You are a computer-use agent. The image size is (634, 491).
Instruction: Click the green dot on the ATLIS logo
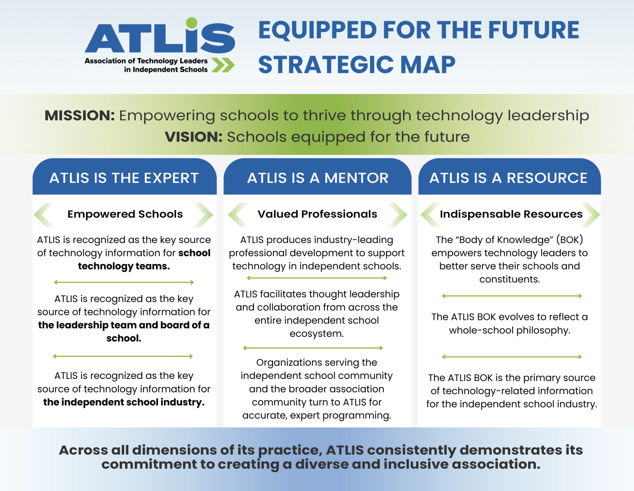(191, 23)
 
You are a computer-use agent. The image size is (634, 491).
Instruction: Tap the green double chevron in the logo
(223, 65)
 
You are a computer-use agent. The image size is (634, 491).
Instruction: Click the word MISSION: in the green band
(80, 115)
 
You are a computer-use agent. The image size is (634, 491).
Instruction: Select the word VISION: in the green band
(194, 137)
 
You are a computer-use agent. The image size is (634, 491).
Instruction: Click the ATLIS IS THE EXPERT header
(124, 178)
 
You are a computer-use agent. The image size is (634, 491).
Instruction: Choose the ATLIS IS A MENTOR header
(318, 178)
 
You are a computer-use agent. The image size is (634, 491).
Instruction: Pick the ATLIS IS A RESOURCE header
(508, 178)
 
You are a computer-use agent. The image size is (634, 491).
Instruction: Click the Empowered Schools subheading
(125, 214)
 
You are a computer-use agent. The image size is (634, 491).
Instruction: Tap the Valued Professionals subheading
(318, 214)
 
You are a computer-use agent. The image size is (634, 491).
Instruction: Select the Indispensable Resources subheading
(511, 214)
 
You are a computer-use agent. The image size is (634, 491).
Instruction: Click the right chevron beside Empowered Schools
(204, 214)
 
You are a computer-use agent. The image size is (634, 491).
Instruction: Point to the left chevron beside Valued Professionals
(237, 214)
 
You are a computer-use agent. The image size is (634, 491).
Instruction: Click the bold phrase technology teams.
(124, 266)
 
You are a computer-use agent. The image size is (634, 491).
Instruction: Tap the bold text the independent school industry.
(124, 402)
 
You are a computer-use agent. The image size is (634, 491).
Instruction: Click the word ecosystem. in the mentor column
(317, 333)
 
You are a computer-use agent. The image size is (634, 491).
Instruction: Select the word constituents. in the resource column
(509, 279)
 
